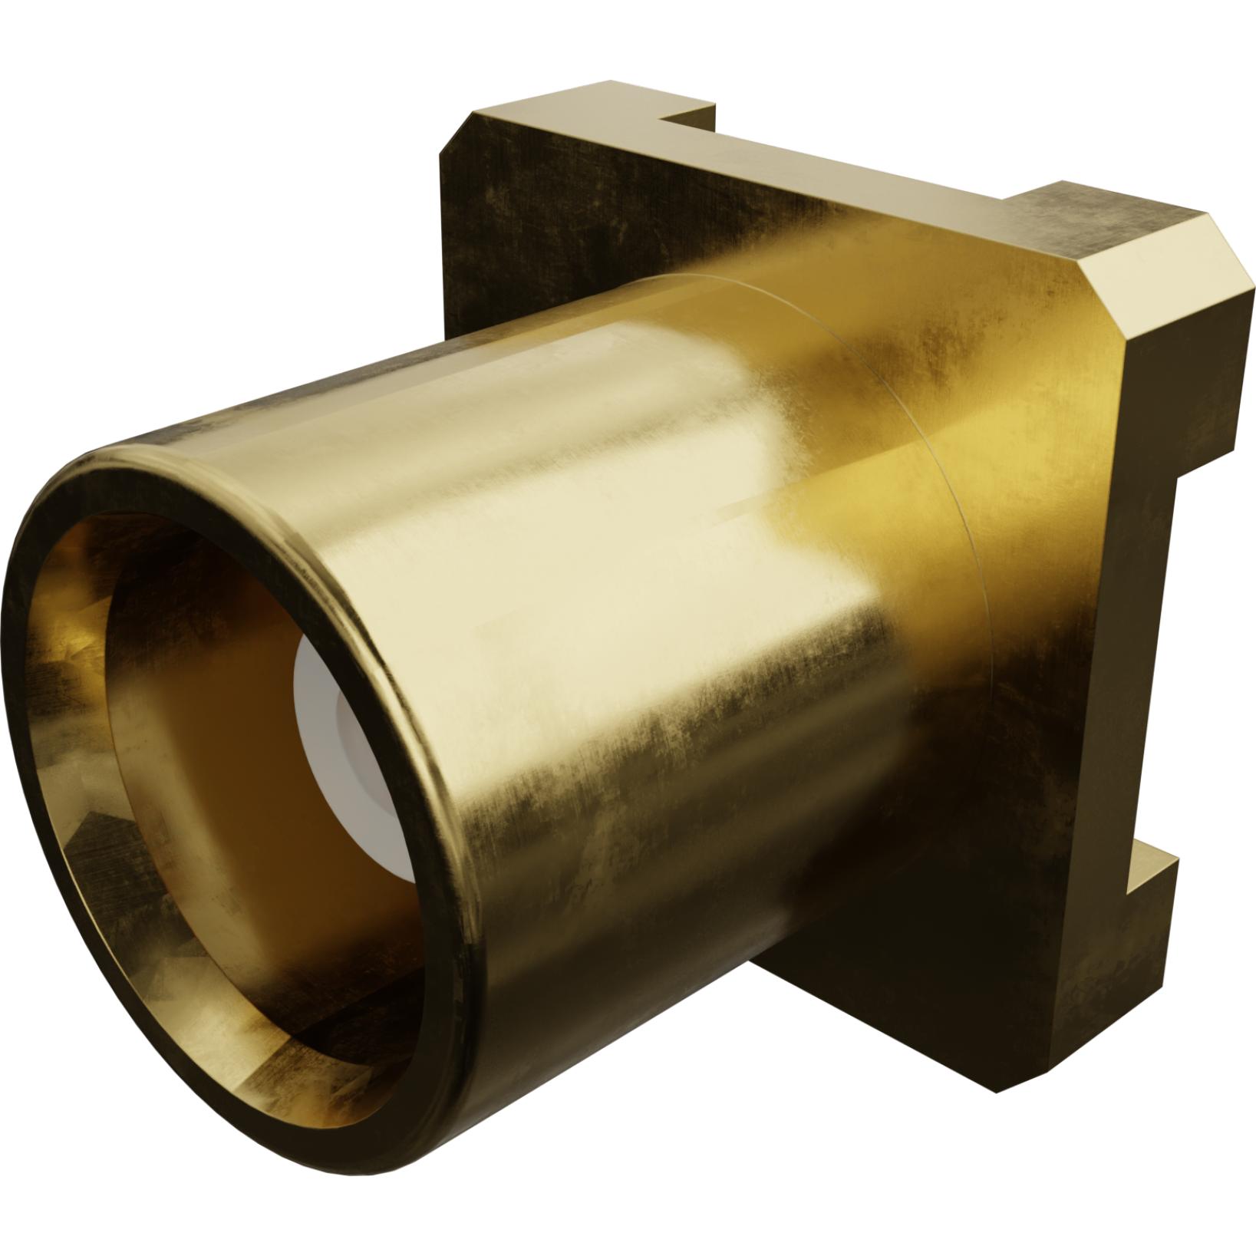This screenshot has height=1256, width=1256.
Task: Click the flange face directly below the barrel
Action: click(x=882, y=959)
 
